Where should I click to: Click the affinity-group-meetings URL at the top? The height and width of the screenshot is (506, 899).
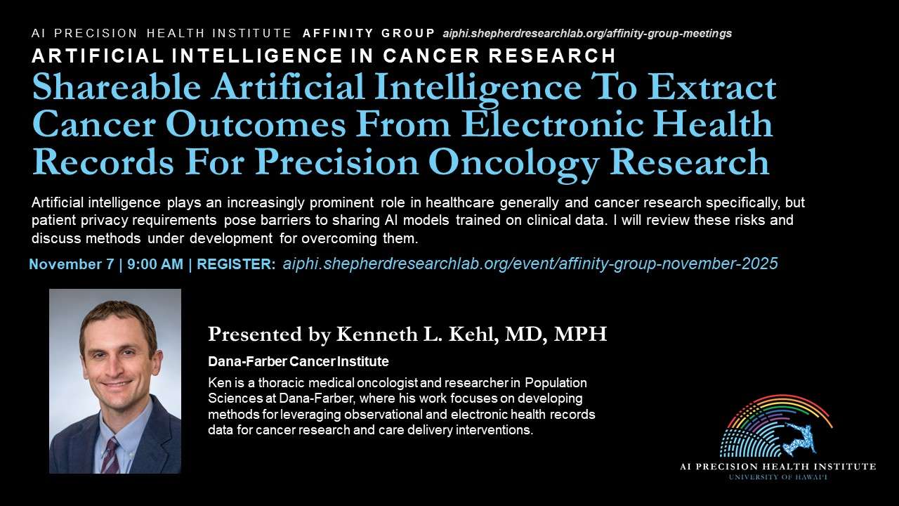[587, 33]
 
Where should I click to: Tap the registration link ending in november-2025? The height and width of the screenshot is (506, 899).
[530, 264]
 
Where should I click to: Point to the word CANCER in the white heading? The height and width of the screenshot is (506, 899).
[431, 56]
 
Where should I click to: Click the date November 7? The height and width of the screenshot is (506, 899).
[72, 264]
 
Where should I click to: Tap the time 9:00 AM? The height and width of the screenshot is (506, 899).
[155, 264]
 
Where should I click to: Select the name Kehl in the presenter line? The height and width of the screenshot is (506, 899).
[473, 334]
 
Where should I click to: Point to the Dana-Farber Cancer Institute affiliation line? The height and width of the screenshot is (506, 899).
[298, 361]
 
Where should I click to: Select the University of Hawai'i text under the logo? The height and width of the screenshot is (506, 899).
[777, 477]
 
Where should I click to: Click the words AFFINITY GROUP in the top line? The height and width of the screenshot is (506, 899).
[369, 33]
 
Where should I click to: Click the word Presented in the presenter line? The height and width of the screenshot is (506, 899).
[254, 334]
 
